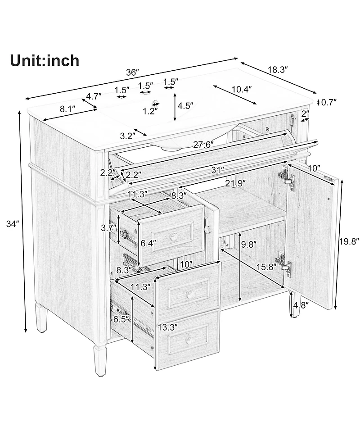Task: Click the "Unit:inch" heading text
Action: (x=45, y=61)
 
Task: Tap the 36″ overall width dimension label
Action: (x=133, y=73)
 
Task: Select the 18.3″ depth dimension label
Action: (x=278, y=70)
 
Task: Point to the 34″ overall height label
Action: (x=13, y=224)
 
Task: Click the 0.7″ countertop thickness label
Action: (x=328, y=102)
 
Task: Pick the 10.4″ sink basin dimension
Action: (x=241, y=89)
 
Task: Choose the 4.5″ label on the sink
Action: (x=185, y=106)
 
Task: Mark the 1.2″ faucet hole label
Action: (x=150, y=111)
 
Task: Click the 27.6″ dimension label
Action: (x=203, y=145)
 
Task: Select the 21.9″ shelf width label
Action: (x=235, y=183)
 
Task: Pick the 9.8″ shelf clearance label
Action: (x=249, y=244)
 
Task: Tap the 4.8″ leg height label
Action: (x=301, y=305)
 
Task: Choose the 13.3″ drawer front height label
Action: (x=168, y=327)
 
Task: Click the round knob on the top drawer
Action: (x=174, y=236)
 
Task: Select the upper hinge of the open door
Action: (x=287, y=177)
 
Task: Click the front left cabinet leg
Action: (x=100, y=360)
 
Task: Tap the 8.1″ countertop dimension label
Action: (x=68, y=109)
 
